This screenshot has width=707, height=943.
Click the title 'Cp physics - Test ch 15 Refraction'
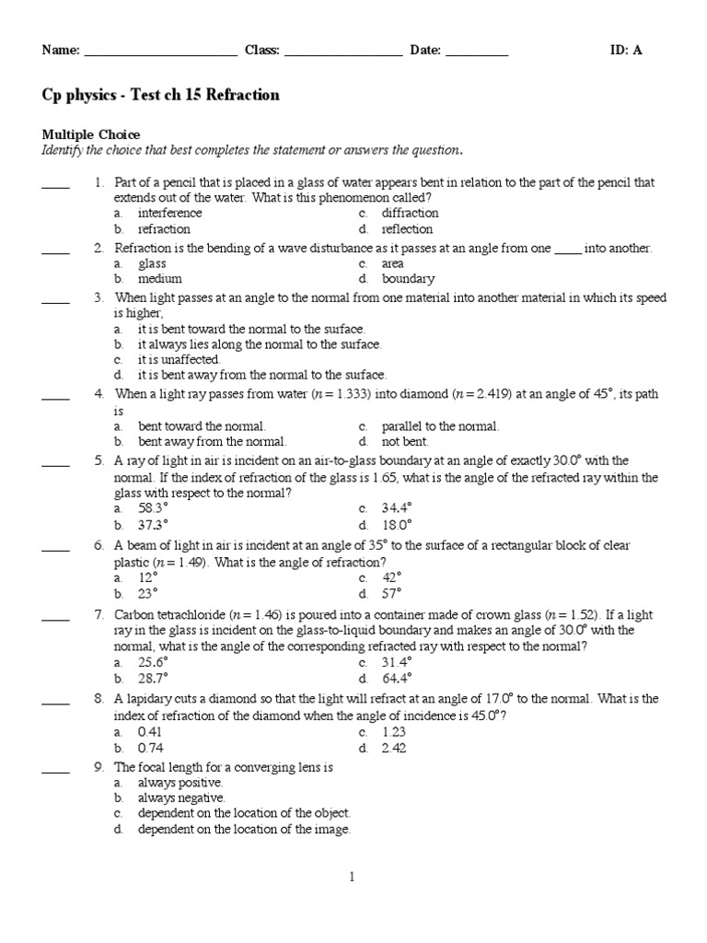click(x=160, y=95)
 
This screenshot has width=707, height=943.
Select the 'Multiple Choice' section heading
click(x=91, y=134)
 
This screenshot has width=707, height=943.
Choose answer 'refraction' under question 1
click(x=164, y=229)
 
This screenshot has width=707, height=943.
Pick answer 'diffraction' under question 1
click(x=410, y=214)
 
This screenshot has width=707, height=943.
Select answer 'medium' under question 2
click(x=159, y=279)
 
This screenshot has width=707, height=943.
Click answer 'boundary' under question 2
click(x=408, y=279)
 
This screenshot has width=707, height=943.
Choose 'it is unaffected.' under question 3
click(x=179, y=359)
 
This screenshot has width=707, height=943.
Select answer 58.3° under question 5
click(x=153, y=508)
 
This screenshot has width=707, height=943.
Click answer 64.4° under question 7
click(x=397, y=678)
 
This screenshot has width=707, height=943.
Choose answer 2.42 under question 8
click(x=394, y=748)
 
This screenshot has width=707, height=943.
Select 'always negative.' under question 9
click(x=181, y=797)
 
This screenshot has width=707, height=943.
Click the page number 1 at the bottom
click(x=353, y=878)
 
